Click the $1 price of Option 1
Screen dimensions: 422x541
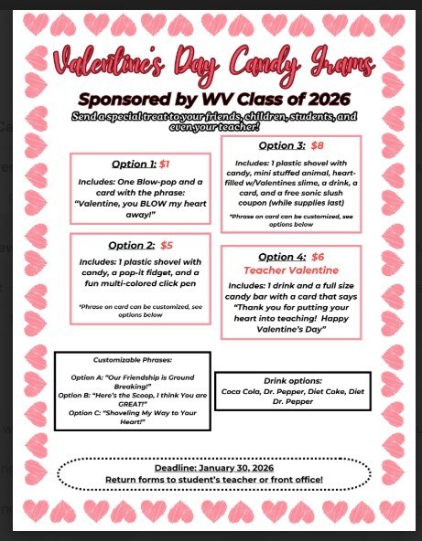[x=165, y=164]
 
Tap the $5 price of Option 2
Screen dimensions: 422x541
[x=167, y=245]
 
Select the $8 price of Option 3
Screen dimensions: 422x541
[x=318, y=144]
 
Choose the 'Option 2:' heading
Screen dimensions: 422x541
[x=132, y=245]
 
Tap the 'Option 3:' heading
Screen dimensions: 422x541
[x=283, y=144]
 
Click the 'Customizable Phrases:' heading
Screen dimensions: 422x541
[x=132, y=360]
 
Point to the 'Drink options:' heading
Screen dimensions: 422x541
[x=292, y=379]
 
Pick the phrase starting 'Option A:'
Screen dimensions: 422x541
[x=132, y=381]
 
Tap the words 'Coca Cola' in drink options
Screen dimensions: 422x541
[x=242, y=390]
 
